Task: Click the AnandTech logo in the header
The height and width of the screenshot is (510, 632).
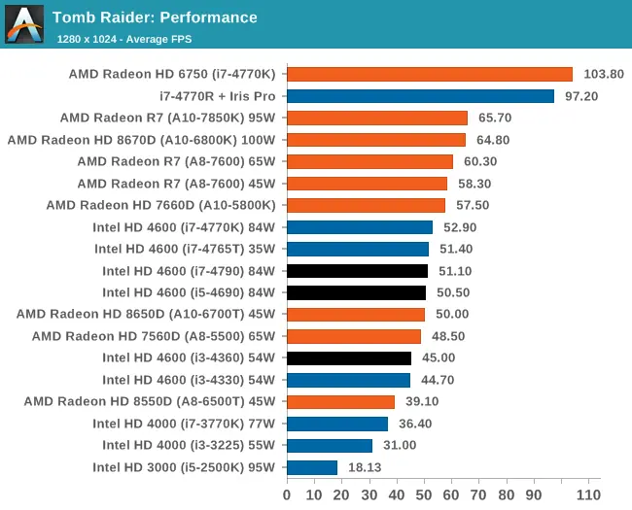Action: pyautogui.click(x=24, y=24)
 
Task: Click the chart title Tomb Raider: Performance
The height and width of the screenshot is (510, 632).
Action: pyautogui.click(x=155, y=17)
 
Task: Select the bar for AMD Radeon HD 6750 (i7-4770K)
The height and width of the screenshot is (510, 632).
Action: pyautogui.click(x=430, y=74)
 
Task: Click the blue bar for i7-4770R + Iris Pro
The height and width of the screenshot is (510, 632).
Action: pyautogui.click(x=420, y=96)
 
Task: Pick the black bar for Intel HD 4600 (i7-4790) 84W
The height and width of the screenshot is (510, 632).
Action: pyautogui.click(x=357, y=271)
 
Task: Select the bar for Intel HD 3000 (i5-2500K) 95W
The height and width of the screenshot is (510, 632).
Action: pyautogui.click(x=312, y=467)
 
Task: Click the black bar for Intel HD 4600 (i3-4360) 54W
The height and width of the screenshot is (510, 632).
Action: pyautogui.click(x=349, y=358)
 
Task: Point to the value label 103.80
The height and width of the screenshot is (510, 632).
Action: pyautogui.click(x=603, y=74)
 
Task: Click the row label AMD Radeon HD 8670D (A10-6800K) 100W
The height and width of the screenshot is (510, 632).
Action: pyautogui.click(x=141, y=140)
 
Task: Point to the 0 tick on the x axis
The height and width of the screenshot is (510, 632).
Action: pyautogui.click(x=287, y=494)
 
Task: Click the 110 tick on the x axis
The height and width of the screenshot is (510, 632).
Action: pyautogui.click(x=589, y=494)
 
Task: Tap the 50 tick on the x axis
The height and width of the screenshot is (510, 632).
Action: pyautogui.click(x=424, y=494)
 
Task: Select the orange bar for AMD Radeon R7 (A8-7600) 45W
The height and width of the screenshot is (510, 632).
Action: pyautogui.click(x=367, y=184)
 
